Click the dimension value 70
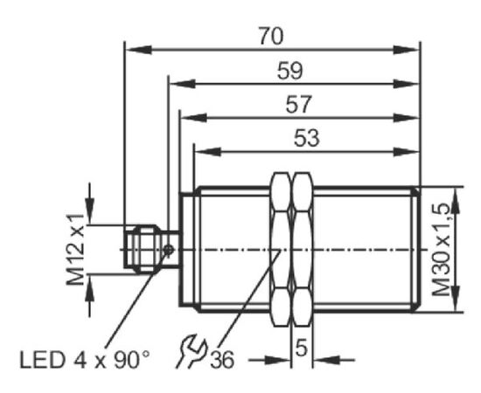point(271,36)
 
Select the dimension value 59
point(289,71)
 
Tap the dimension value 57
point(298,105)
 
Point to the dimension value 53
point(307,138)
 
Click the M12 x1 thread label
point(75,250)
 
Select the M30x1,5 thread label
point(441,250)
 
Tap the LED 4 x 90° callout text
point(85,360)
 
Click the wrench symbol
point(192,351)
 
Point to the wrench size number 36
point(222,359)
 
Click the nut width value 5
point(302,348)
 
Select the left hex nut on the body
point(281,250)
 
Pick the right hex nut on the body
point(303,250)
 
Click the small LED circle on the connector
point(169,250)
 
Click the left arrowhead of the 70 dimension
point(139,50)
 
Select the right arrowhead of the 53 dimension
point(406,151)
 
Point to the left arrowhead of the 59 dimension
point(183,84)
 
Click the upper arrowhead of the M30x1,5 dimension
point(457,200)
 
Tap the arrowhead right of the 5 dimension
point(326,360)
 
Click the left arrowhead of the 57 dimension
point(194,117)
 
